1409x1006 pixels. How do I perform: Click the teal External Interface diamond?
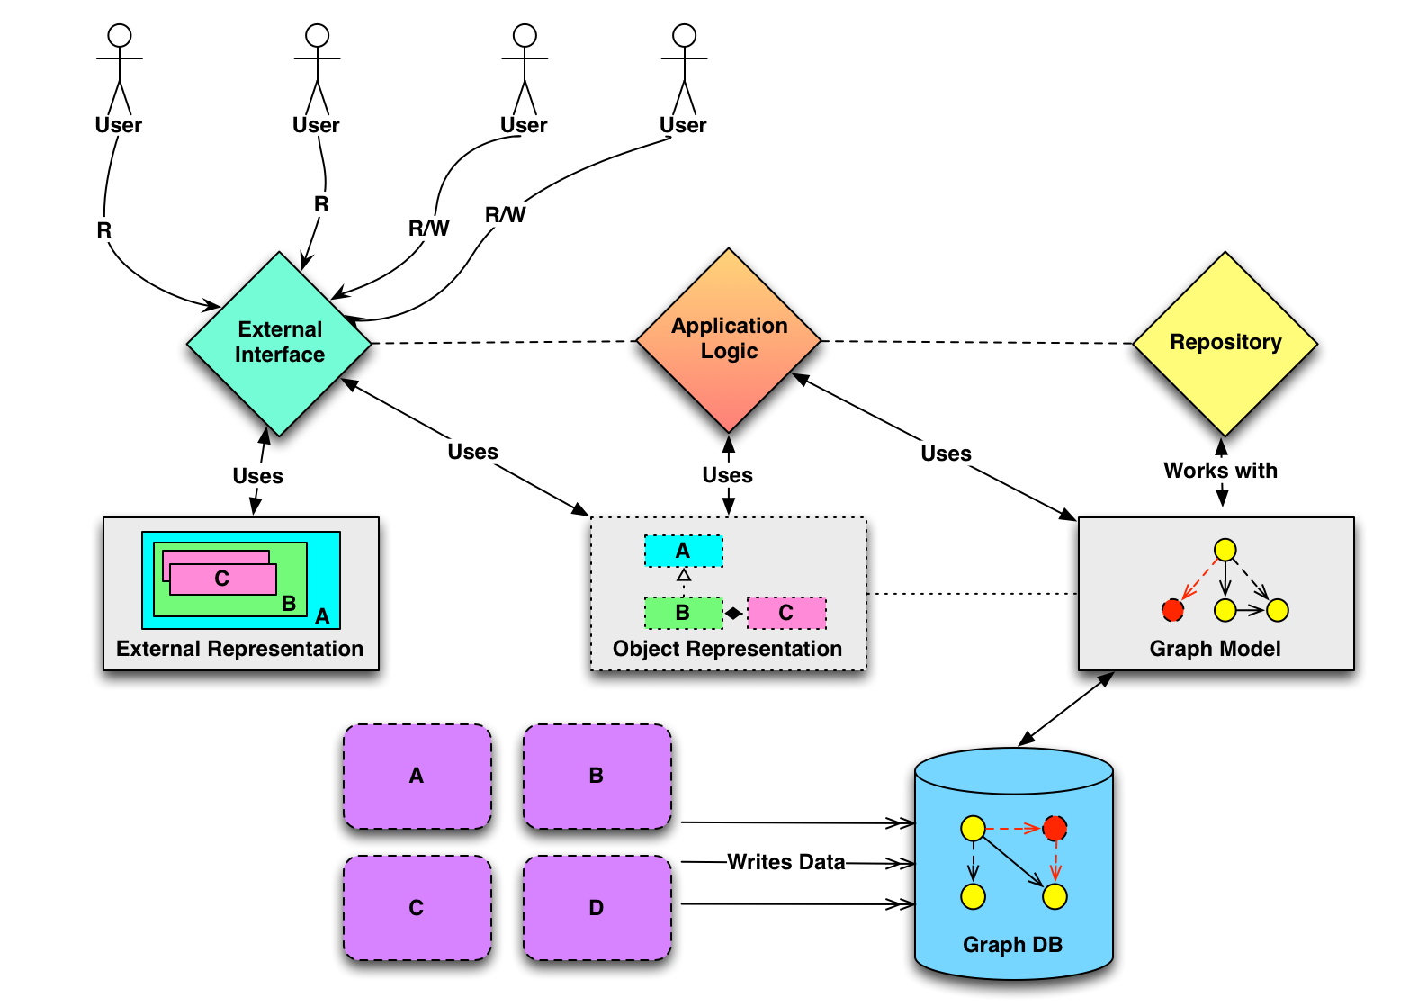coord(279,343)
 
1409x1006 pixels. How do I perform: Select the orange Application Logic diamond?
coord(729,339)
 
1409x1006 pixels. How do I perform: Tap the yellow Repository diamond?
coord(1225,343)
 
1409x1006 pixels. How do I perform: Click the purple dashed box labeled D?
coord(597,908)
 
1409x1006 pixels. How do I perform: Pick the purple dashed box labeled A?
coord(417,776)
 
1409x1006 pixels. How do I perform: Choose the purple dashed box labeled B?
coord(597,776)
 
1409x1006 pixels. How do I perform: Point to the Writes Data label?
coord(785,862)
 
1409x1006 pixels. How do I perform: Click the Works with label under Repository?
coord(1220,471)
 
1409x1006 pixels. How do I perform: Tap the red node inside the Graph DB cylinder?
coord(1055,828)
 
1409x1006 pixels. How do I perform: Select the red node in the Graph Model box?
coord(1172,610)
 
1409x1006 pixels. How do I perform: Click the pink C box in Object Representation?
coord(785,613)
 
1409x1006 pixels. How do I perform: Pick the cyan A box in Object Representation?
coord(683,551)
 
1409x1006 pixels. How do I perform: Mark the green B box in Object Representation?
coord(683,613)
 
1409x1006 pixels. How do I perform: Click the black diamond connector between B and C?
coord(734,614)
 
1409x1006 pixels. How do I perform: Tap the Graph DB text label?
coord(1012,945)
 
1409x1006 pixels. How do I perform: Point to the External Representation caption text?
coord(239,649)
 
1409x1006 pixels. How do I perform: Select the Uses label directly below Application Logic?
coord(727,475)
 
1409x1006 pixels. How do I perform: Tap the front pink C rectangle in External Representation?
coord(222,579)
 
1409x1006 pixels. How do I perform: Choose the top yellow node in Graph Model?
coord(1225,550)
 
